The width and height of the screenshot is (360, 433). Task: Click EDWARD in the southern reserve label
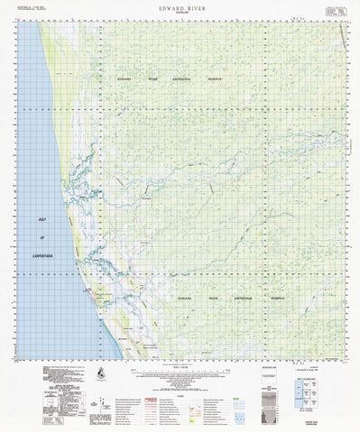(187, 296)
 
